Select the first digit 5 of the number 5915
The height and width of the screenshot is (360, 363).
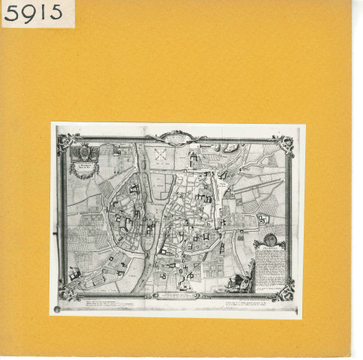(11, 13)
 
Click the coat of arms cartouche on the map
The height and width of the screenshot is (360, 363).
(82, 157)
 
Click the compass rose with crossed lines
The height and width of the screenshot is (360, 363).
(159, 153)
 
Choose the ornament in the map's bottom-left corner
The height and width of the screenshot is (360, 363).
(67, 293)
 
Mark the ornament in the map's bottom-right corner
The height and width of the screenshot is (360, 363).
(283, 291)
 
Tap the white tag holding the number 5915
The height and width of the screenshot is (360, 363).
(37, 13)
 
